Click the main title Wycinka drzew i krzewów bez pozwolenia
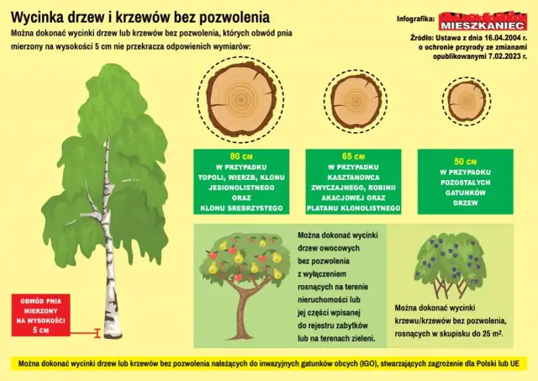pos(140,16)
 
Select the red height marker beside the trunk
pos(98,334)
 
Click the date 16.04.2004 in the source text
pos(494,38)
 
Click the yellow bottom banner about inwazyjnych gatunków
pos(269,363)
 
